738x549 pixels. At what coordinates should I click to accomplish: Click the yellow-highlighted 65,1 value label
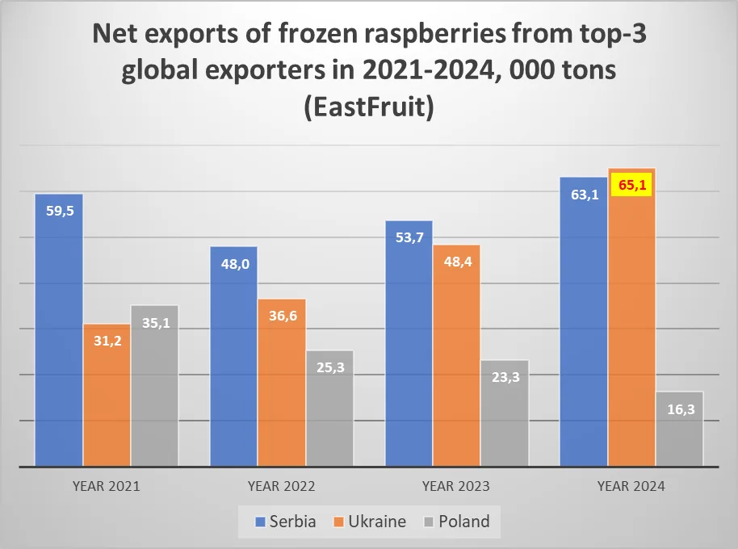point(631,184)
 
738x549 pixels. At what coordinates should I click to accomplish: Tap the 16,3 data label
point(679,409)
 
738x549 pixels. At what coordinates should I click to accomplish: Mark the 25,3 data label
point(329,368)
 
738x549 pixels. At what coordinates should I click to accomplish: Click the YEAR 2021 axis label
point(107,487)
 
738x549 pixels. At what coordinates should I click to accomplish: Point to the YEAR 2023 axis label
point(456,487)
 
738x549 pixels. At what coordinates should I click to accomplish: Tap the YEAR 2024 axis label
point(631,487)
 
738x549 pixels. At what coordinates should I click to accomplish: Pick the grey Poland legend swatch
point(428,522)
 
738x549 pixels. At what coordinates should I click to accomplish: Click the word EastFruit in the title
point(369,107)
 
